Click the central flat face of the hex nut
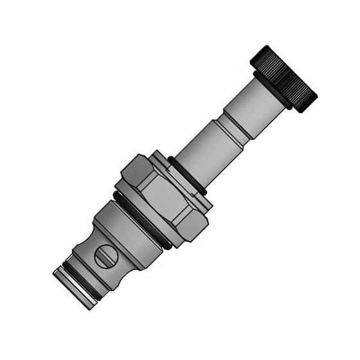[165, 197]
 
